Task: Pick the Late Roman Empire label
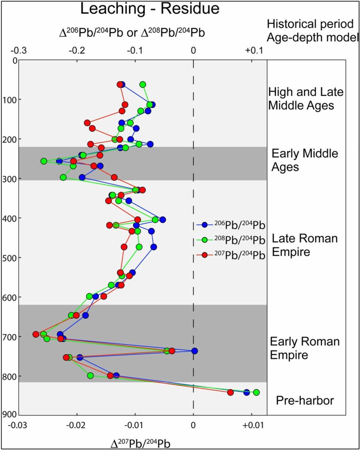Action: (305, 245)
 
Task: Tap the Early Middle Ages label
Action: (305, 160)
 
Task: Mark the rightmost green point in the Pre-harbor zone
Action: (256, 392)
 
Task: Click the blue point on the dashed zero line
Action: (194, 351)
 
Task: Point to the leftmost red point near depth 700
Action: (36, 334)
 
